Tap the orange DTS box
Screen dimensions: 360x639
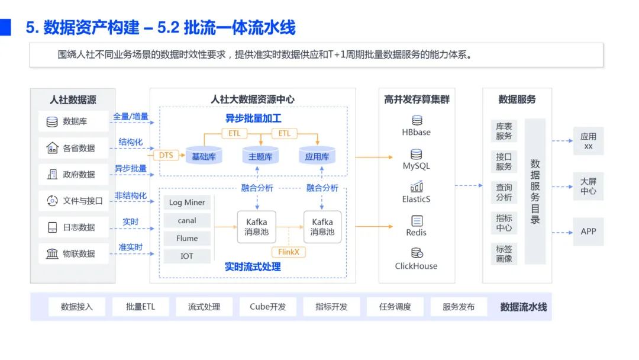click(x=166, y=155)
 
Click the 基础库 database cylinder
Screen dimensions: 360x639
click(x=204, y=156)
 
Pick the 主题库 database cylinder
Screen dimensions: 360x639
click(x=260, y=156)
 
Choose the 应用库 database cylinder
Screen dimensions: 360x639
click(x=317, y=156)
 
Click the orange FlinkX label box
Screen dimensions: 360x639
click(x=288, y=252)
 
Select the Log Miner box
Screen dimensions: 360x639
click(x=187, y=202)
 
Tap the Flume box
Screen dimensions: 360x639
click(x=187, y=238)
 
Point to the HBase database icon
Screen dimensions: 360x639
click(x=417, y=121)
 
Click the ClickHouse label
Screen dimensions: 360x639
click(x=416, y=266)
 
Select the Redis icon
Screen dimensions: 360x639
click(x=417, y=221)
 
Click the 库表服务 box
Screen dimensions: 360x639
click(x=504, y=131)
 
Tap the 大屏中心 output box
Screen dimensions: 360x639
click(x=588, y=187)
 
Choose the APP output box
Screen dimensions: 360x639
click(x=588, y=232)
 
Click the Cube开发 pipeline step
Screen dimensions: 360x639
click(x=267, y=307)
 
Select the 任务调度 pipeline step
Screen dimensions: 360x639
click(x=395, y=307)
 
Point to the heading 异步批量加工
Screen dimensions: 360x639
click(x=253, y=118)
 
